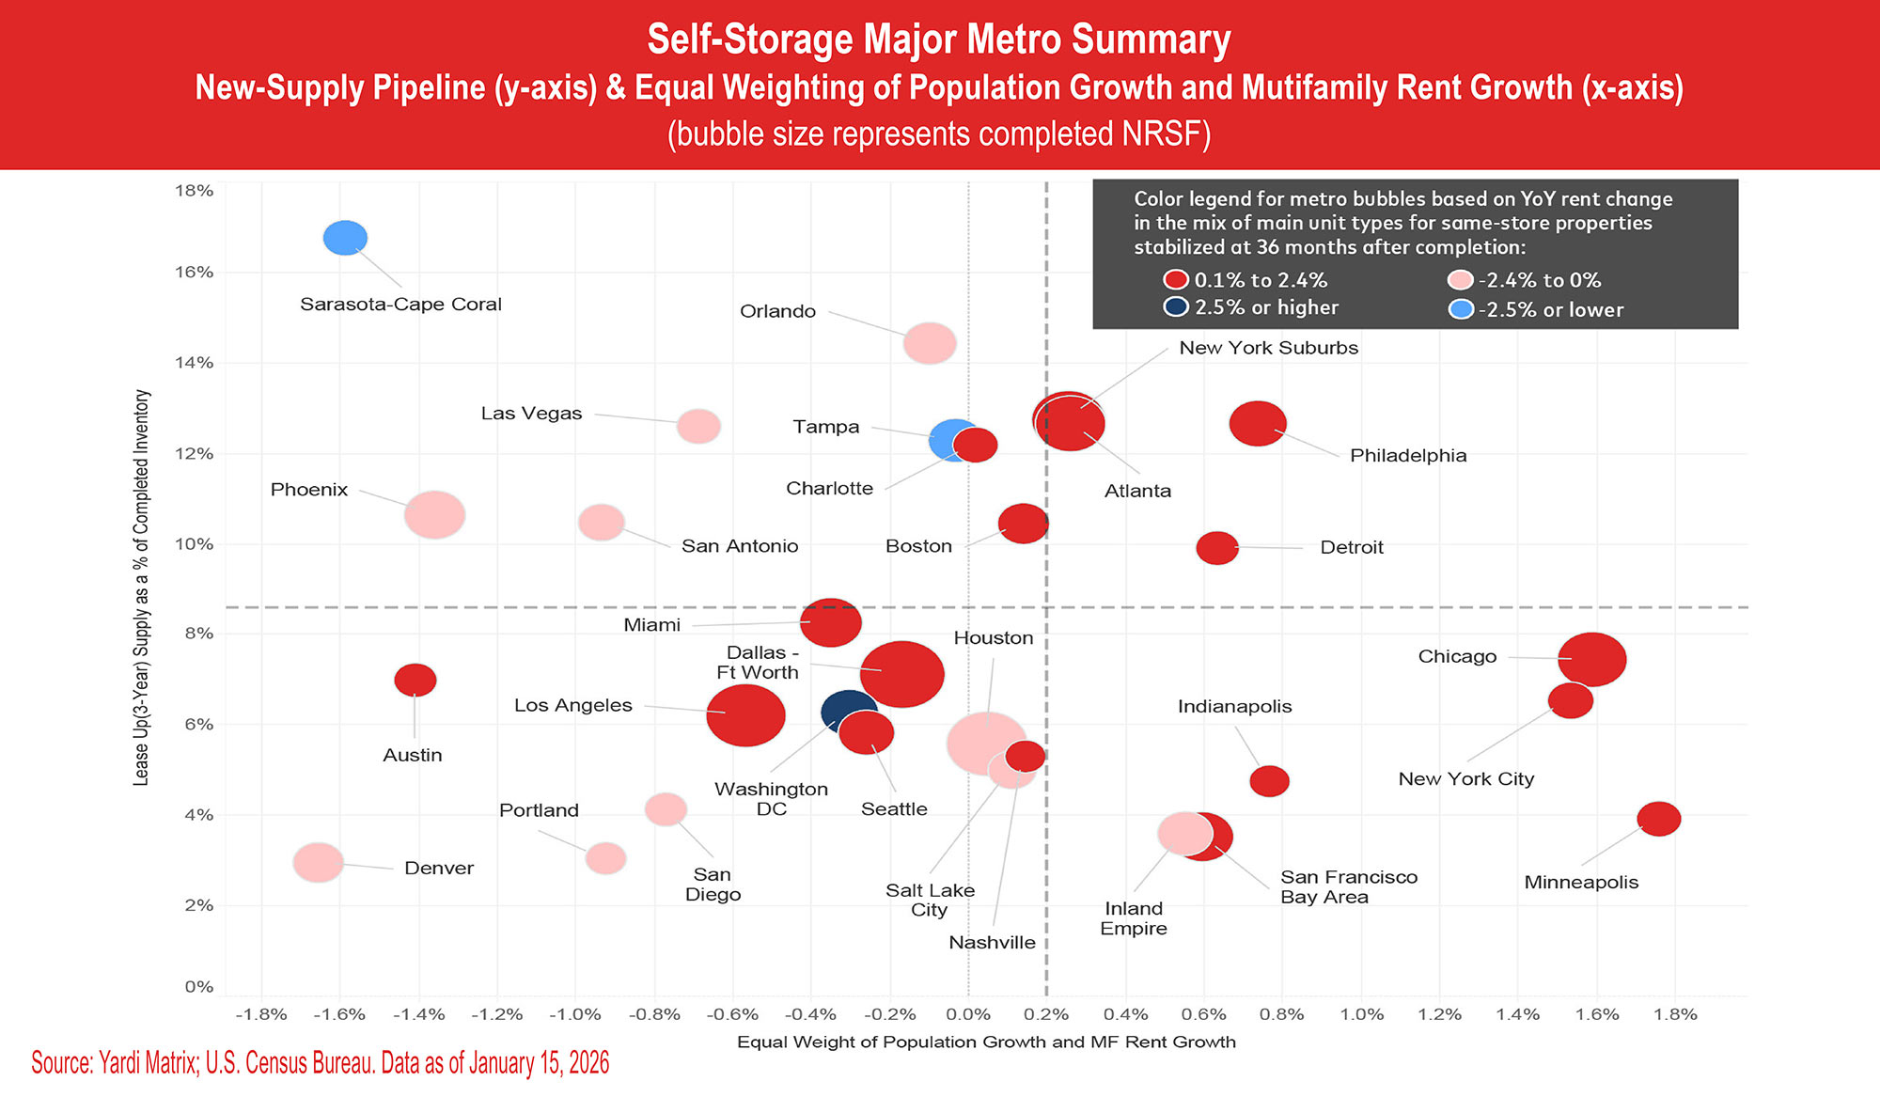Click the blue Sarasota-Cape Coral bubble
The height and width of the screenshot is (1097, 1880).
coord(345,238)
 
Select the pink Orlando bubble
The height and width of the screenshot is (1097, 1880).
coord(930,343)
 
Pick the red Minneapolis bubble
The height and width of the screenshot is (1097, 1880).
coord(1658,819)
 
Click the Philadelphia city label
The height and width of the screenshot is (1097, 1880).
coord(1407,456)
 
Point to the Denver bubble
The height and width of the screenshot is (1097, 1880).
coord(319,862)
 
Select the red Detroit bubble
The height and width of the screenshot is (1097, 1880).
coord(1217,547)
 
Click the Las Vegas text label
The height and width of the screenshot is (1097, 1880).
coord(531,414)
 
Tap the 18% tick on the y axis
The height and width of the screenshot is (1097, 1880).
coord(194,191)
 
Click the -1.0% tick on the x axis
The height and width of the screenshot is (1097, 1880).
coord(575,1015)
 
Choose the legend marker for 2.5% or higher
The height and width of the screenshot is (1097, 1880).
coord(1176,307)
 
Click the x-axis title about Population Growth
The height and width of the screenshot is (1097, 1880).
coord(986,1042)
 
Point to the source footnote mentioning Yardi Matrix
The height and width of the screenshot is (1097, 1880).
coord(320,1063)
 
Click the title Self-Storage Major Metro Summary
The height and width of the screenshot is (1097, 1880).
coord(938,39)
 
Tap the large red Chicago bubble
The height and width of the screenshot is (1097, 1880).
coord(1592,659)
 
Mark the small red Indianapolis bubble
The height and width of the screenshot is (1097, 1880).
coord(1269,780)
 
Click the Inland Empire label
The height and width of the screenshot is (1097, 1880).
coord(1134,918)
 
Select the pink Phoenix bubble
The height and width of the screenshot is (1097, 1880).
coord(434,514)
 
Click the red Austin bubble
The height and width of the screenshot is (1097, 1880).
coord(415,680)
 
